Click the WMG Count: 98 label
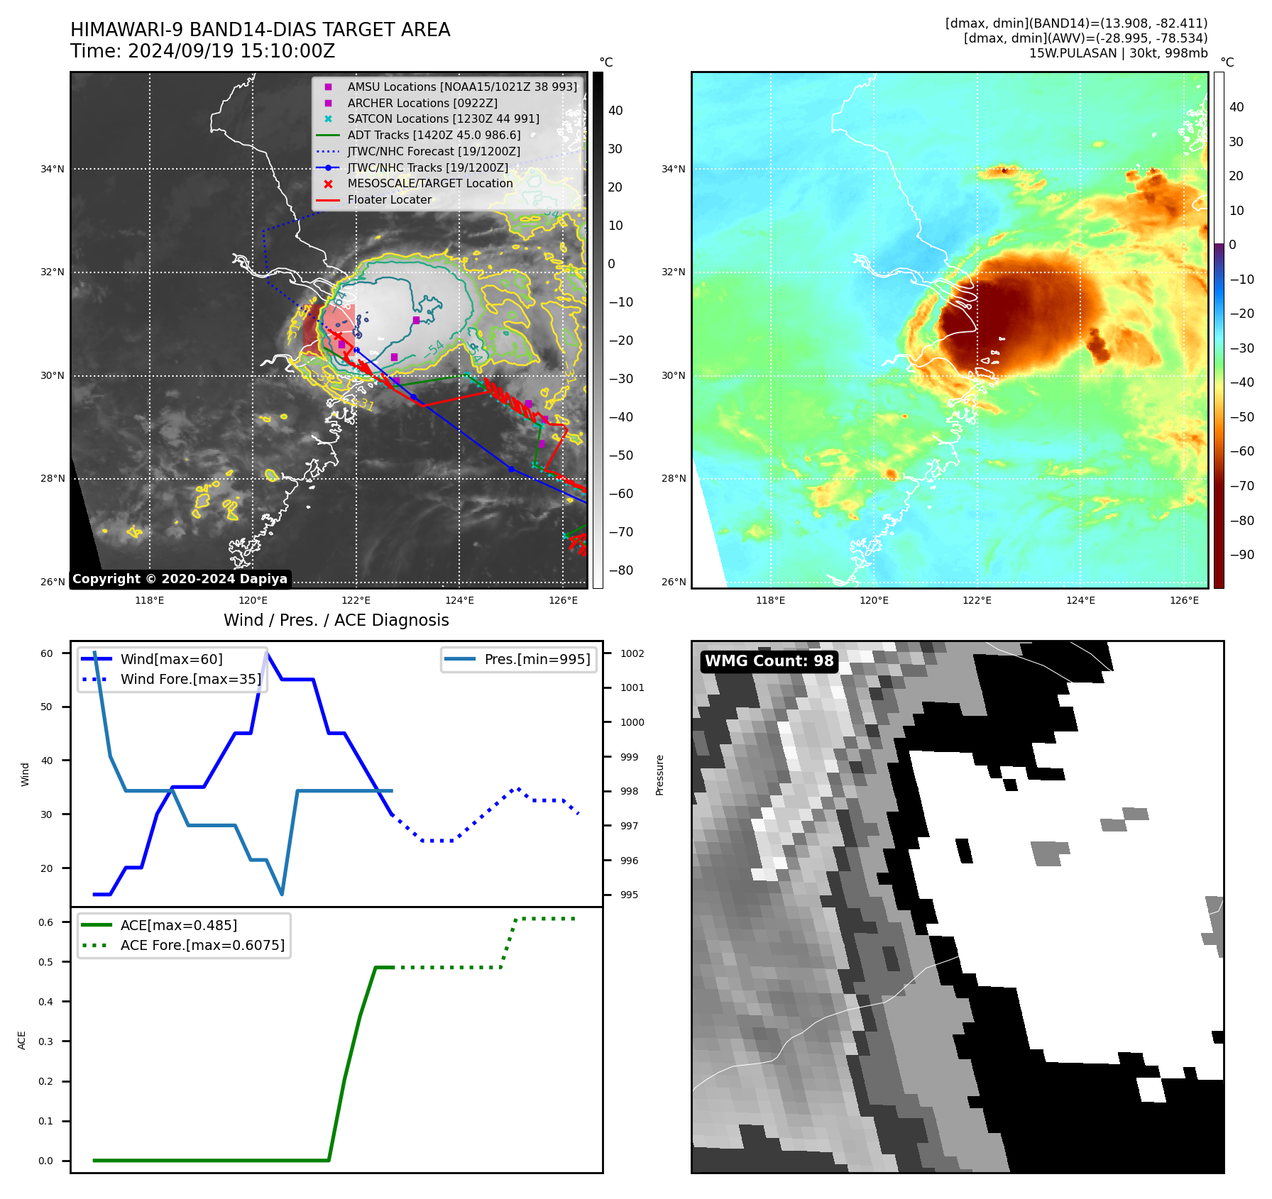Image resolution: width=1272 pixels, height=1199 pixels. pyautogui.click(x=769, y=661)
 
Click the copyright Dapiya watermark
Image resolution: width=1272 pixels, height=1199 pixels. pyautogui.click(x=180, y=579)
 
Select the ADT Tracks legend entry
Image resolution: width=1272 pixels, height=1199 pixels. pyautogui.click(x=434, y=135)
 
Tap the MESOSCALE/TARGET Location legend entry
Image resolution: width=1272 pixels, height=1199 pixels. pyautogui.click(x=429, y=183)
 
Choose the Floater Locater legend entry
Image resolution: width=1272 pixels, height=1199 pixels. pyautogui.click(x=389, y=199)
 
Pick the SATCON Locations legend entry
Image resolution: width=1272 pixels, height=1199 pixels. pyautogui.click(x=443, y=118)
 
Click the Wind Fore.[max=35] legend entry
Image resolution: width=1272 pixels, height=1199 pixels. pyautogui.click(x=190, y=679)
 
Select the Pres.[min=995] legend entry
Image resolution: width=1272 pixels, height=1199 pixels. pyautogui.click(x=537, y=659)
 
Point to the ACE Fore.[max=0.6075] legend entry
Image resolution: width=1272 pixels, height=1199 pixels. pyautogui.click(x=202, y=945)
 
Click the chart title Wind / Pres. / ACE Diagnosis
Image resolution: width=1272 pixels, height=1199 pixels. pyautogui.click(x=336, y=620)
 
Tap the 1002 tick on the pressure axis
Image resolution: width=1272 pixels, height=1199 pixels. pyautogui.click(x=632, y=653)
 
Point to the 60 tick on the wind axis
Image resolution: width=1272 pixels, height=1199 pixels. pyautogui.click(x=47, y=653)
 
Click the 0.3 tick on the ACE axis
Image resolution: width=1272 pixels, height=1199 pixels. pyautogui.click(x=46, y=1041)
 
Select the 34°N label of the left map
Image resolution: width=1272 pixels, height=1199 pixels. pyautogui.click(x=53, y=169)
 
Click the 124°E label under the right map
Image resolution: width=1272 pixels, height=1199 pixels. pyautogui.click(x=1080, y=600)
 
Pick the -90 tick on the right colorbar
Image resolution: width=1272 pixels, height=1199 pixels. pyautogui.click(x=1241, y=555)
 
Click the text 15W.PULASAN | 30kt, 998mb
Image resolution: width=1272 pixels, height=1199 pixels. pyautogui.click(x=1118, y=53)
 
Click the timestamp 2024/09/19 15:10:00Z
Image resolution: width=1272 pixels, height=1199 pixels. pyautogui.click(x=231, y=51)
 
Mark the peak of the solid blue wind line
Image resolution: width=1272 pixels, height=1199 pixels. pyautogui.click(x=266, y=653)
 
